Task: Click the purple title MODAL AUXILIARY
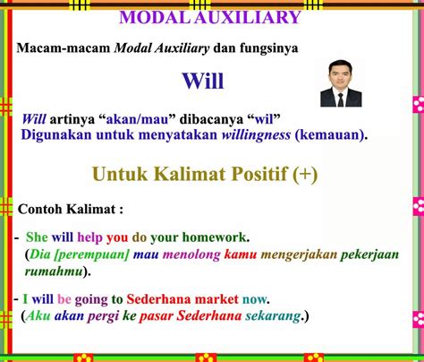coord(210,17)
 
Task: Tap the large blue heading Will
coord(203,81)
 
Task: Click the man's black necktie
coord(341,100)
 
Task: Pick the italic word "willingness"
coord(256,135)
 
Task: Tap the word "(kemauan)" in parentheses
coord(331,135)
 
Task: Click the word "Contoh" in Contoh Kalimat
coord(40,209)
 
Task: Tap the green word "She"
coord(37,237)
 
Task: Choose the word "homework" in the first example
coord(215,237)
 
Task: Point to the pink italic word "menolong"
coord(191,254)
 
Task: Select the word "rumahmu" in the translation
coord(54,271)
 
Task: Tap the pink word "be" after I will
coord(64,299)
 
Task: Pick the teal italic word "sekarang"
coord(273,316)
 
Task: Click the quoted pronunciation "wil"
coord(264,119)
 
